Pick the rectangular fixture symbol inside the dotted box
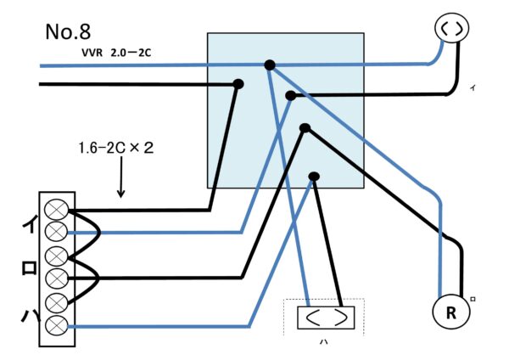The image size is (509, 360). tap(326, 318)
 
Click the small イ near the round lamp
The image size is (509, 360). tap(472, 88)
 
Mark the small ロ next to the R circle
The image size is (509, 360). tap(473, 298)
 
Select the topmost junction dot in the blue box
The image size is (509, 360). tap(270, 65)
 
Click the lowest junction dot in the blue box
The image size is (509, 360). tap(314, 177)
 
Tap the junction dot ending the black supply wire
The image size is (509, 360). tap(239, 83)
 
